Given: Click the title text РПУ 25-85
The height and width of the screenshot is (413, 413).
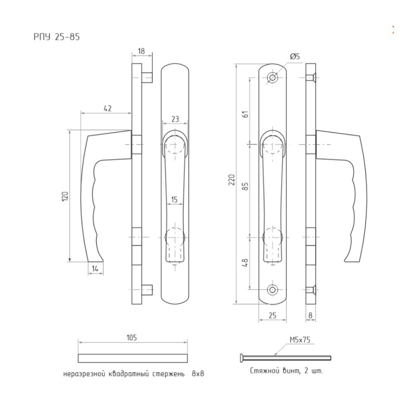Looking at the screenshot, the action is (x=57, y=37).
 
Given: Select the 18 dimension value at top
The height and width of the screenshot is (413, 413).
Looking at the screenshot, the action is (x=141, y=51).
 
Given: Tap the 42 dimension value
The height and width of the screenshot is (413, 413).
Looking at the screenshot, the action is (x=108, y=108).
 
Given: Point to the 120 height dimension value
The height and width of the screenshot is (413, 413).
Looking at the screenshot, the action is (x=65, y=197).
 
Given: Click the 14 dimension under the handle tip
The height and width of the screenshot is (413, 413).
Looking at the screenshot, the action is (x=95, y=269).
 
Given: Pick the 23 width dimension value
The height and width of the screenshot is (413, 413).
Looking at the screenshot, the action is (x=175, y=119).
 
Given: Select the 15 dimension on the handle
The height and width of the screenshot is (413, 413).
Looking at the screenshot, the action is (x=174, y=199).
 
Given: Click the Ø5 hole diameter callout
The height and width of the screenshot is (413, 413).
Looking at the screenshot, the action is (x=295, y=56).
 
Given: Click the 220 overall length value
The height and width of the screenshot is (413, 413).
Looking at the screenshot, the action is (x=232, y=180).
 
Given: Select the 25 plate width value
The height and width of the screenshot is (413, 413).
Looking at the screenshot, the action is (x=272, y=315).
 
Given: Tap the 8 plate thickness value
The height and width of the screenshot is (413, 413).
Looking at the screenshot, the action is (x=311, y=315).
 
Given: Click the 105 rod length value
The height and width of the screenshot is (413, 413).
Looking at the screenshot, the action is (x=132, y=337).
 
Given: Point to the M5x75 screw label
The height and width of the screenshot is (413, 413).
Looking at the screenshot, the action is (x=300, y=340).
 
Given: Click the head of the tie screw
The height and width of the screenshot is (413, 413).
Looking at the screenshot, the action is (x=242, y=358).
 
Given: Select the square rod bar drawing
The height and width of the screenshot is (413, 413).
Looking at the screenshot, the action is (x=133, y=358).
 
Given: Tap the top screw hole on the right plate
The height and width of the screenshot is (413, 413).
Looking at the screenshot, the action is (x=272, y=78).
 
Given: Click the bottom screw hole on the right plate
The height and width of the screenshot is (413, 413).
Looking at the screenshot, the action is (x=272, y=290).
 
